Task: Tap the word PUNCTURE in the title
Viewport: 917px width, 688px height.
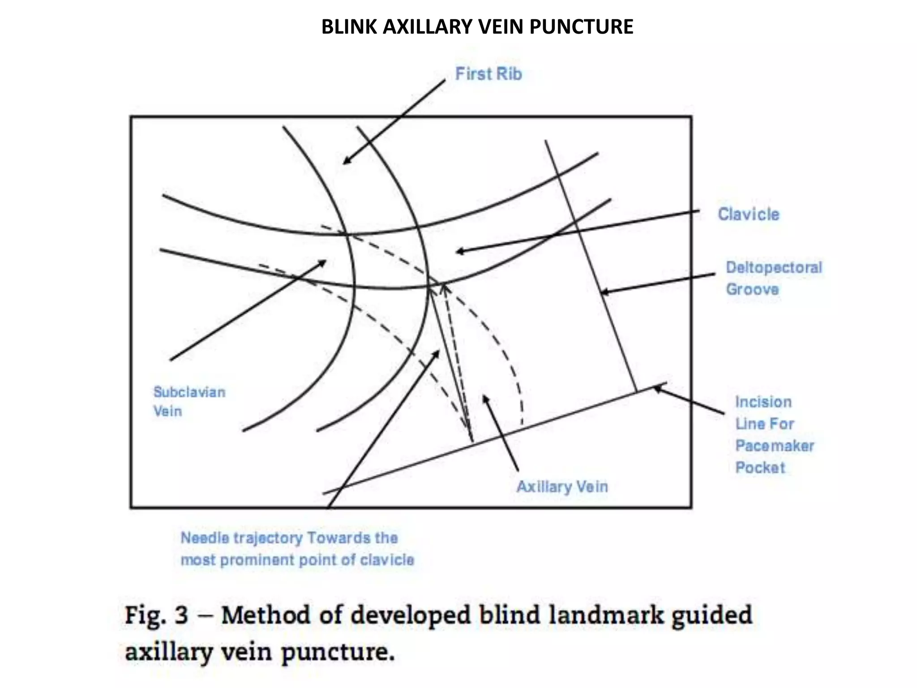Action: tap(581, 27)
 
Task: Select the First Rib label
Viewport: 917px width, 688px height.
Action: tap(488, 74)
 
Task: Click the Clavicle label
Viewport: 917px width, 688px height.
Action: tap(749, 214)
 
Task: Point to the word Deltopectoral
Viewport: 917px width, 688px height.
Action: tap(774, 267)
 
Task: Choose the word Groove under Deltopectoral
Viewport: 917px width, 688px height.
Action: tap(752, 289)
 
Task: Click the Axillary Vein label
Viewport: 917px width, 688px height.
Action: tap(562, 486)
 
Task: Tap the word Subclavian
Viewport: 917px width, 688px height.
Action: tap(189, 392)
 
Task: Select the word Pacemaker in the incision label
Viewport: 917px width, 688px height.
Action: tap(775, 446)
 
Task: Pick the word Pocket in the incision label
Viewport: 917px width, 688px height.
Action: tap(760, 468)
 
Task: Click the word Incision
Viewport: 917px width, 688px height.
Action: tap(763, 402)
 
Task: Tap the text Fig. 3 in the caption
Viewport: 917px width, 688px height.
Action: tap(156, 615)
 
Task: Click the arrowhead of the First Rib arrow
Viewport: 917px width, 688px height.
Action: tap(345, 162)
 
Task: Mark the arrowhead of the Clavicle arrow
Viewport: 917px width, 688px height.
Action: tap(458, 251)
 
